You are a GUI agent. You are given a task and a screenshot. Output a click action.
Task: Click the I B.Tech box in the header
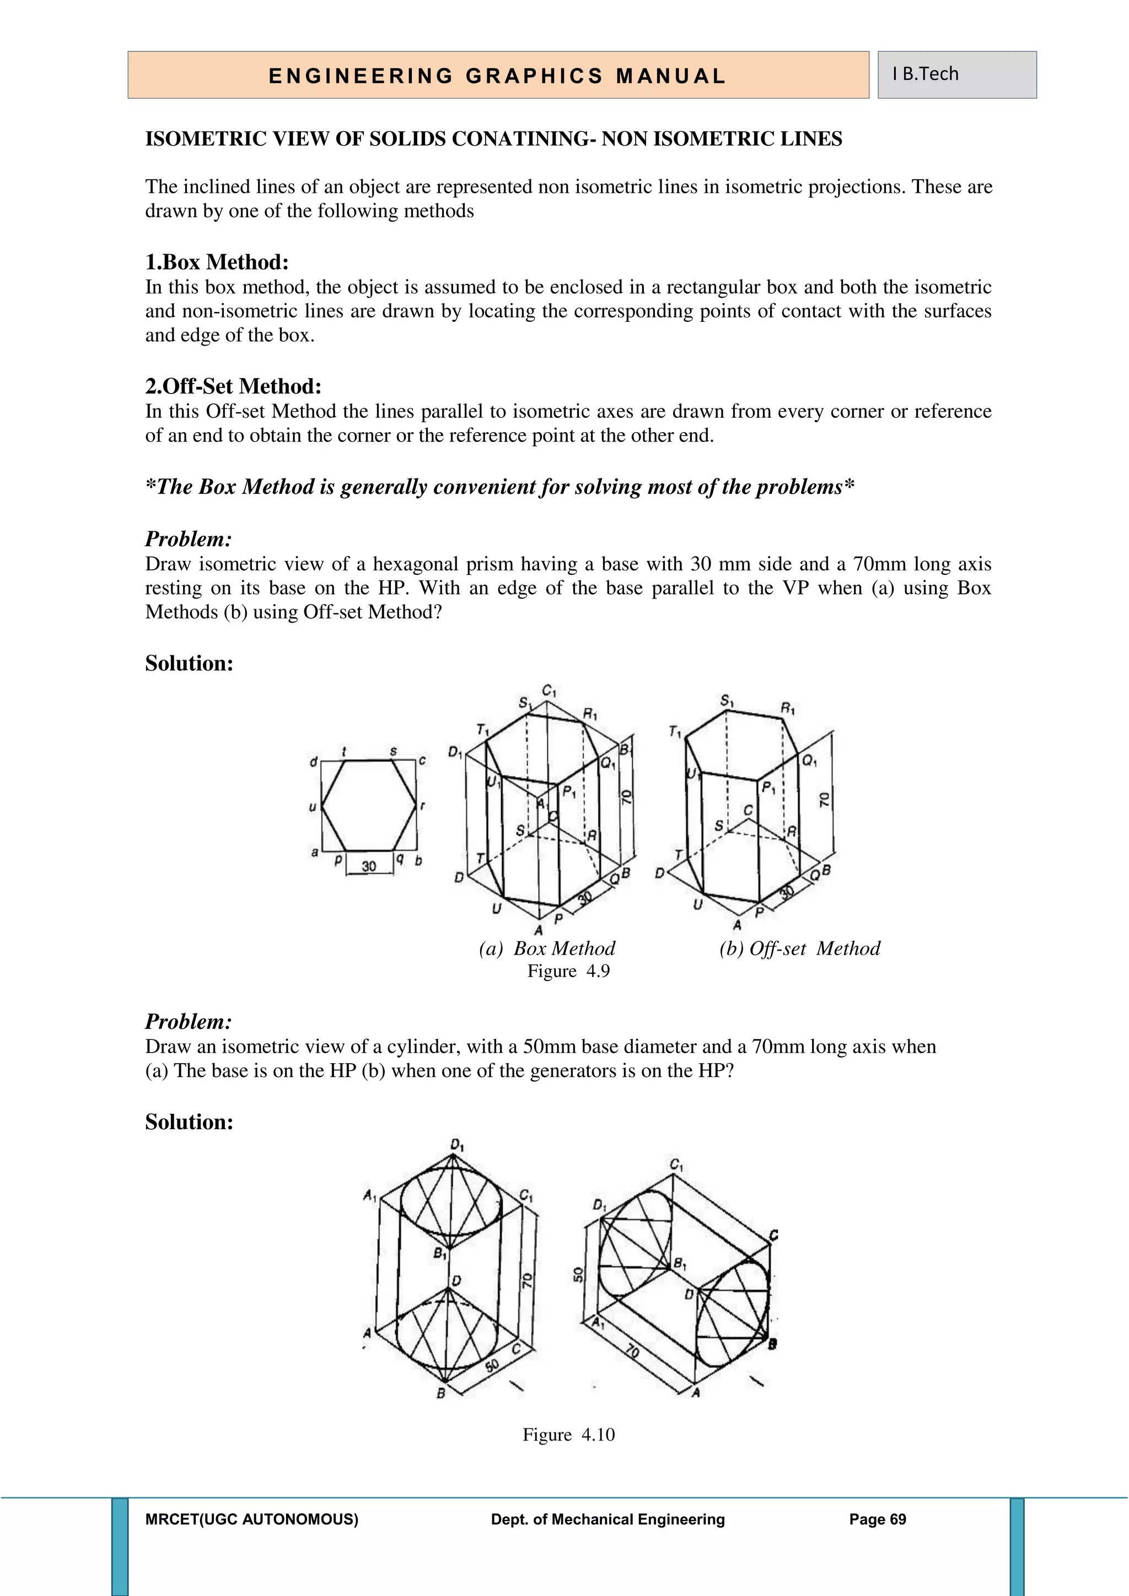coord(956,74)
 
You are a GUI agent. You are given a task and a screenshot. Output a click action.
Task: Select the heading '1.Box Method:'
coord(216,262)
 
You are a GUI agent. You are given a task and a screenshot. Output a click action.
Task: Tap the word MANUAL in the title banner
coord(670,76)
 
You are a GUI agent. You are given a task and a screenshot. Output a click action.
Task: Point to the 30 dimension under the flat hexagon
coord(368,866)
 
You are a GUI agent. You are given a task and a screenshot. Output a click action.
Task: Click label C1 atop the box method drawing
coord(549,692)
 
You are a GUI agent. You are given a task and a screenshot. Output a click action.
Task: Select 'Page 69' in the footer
coord(877,1519)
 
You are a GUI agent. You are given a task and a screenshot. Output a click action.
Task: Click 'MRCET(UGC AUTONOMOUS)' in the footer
coord(252,1519)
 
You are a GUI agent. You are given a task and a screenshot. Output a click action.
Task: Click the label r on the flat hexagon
coord(423,806)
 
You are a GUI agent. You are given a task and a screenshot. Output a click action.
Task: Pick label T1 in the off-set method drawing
coord(674,731)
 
